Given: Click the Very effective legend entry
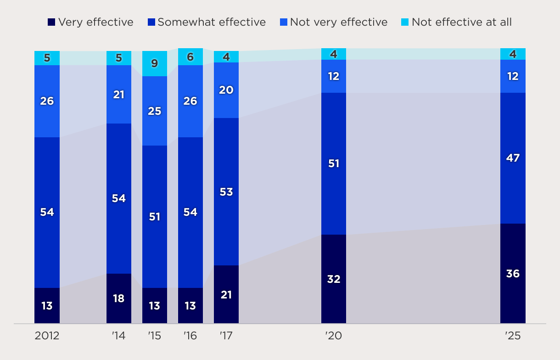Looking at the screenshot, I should point(91,22).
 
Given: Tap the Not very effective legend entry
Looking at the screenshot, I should point(334,22).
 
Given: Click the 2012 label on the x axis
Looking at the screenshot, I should point(47,336).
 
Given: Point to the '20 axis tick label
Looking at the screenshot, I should point(334,336).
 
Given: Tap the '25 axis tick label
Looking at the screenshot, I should point(513,336).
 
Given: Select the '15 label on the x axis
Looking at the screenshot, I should point(155,336).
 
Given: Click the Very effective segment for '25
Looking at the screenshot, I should point(513,274).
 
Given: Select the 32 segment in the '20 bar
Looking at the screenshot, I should point(334,279).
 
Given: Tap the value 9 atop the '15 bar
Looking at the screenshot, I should point(155,64).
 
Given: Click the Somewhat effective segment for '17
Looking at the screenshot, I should point(226,192).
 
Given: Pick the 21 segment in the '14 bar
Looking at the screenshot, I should point(119,95).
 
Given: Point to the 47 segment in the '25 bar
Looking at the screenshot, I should point(513,158).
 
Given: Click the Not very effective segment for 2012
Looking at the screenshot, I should point(47,101).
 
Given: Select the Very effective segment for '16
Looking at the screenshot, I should point(190,306).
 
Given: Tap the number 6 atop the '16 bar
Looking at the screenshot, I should point(190,57).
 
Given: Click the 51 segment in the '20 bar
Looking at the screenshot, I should point(334,163).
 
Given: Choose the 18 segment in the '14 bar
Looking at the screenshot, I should point(119,298).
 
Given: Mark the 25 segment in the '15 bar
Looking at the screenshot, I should point(155,111).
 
